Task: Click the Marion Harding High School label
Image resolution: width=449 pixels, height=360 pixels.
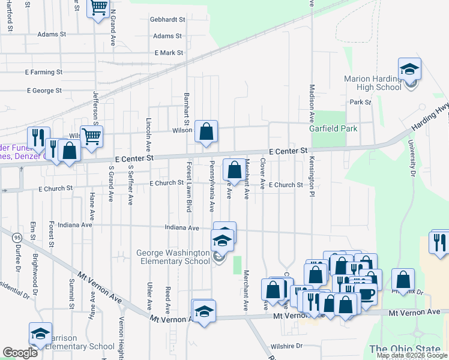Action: [x=373, y=83]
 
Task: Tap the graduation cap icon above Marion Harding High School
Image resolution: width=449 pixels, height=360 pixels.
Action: [x=409, y=69]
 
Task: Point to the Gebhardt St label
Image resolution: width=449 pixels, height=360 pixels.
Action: [x=168, y=19]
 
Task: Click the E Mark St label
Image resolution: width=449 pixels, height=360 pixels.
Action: [x=169, y=53]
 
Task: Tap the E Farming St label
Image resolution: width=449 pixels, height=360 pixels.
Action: [x=44, y=72]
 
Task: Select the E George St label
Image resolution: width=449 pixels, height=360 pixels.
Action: [x=44, y=91]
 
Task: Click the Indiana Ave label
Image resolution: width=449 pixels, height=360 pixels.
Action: [x=182, y=228]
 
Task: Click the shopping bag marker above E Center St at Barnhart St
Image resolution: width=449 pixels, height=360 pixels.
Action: [x=206, y=131]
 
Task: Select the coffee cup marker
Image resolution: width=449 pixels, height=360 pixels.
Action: [x=366, y=295]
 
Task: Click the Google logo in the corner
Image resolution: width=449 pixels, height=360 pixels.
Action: [x=20, y=353]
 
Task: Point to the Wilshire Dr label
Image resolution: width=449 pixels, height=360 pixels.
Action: [x=287, y=346]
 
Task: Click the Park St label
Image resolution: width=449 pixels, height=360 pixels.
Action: [x=361, y=103]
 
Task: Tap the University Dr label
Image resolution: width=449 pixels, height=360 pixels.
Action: [x=412, y=159]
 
